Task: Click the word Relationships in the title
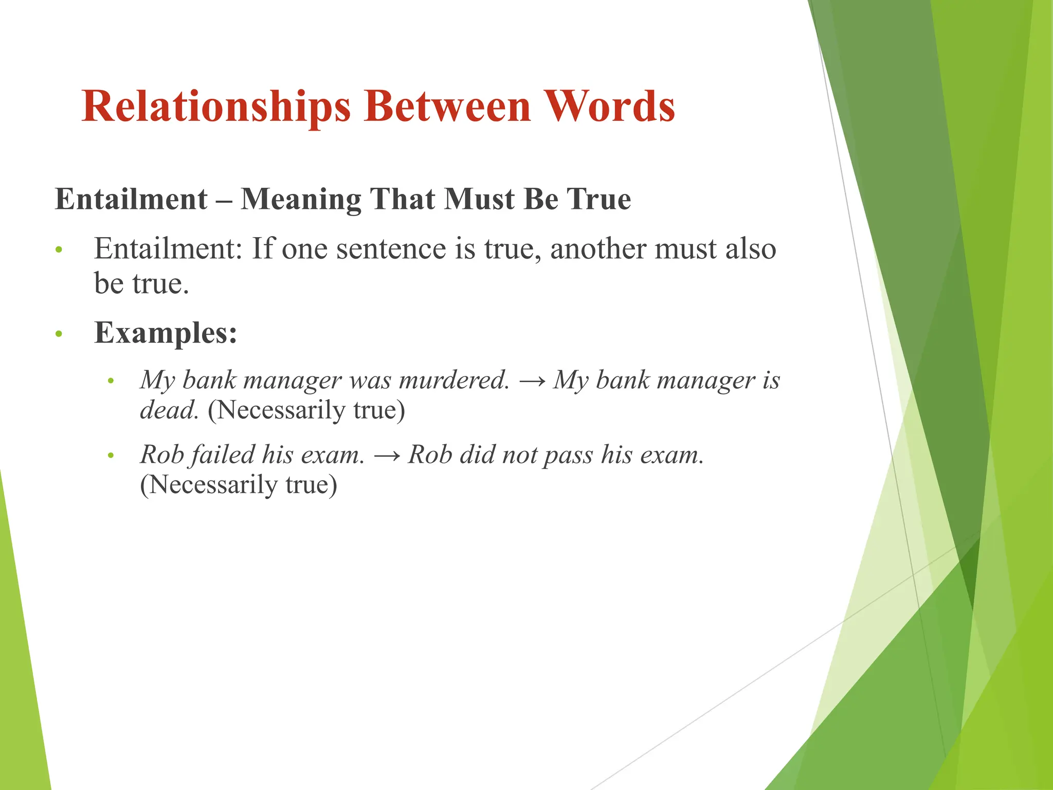point(216,106)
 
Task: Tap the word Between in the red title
point(447,106)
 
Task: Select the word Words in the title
point(609,106)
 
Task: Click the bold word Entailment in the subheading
point(131,199)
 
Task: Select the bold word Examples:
point(166,333)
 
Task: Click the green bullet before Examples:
point(59,334)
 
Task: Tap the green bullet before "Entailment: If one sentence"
point(59,250)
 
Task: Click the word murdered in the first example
point(454,380)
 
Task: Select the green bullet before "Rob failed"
point(111,456)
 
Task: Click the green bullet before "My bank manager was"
point(111,381)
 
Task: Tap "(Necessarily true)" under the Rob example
point(239,484)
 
